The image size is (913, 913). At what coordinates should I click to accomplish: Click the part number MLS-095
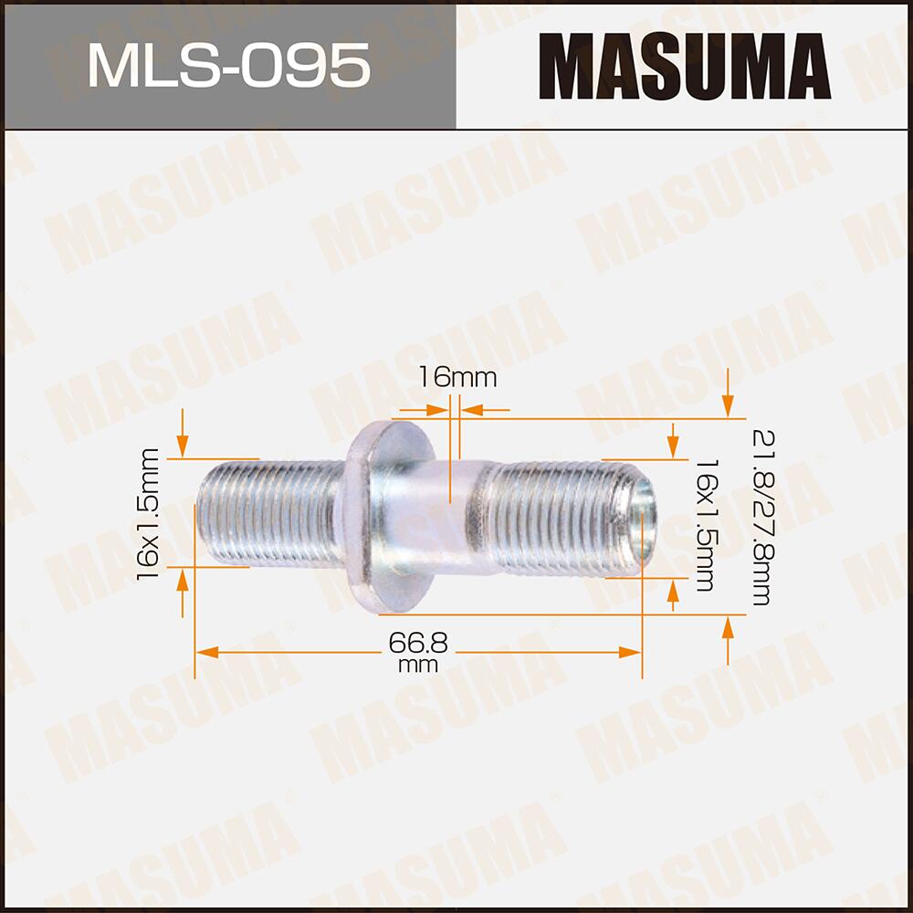tap(227, 65)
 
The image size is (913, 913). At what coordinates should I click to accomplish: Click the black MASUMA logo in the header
tap(685, 66)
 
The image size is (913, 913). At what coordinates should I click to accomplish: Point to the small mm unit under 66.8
tap(419, 666)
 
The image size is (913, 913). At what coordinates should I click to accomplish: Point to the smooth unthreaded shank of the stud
tap(447, 516)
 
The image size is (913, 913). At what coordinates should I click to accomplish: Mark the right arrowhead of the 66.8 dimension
tap(631, 652)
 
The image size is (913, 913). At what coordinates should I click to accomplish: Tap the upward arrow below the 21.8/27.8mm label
tap(728, 634)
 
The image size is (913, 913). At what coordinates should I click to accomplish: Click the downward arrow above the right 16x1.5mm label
tap(674, 444)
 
